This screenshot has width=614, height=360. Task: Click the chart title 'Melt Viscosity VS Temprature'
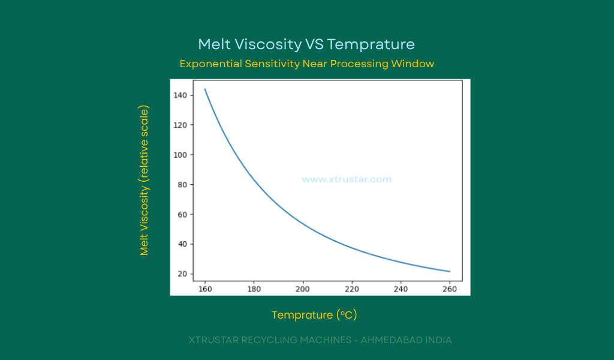(306, 44)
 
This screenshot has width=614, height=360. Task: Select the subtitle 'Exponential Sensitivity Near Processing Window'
(306, 64)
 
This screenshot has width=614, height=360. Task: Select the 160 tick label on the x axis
(205, 289)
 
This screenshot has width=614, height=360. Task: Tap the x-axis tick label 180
(254, 289)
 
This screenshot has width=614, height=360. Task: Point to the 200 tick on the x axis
(303, 289)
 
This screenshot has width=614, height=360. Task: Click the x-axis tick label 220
(352, 289)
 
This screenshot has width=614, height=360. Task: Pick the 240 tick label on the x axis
(401, 289)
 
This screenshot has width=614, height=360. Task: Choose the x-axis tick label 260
(450, 289)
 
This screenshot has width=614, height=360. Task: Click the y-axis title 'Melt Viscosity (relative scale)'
(145, 181)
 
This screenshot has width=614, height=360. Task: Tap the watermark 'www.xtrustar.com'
(347, 179)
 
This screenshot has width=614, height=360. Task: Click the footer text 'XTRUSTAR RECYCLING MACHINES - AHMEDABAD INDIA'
(320, 340)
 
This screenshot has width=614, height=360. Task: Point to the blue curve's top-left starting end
(205, 89)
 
